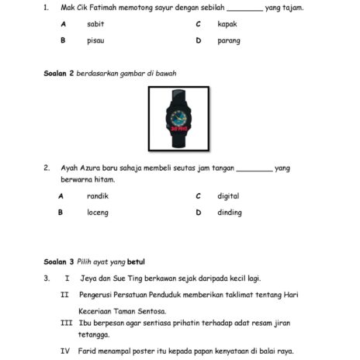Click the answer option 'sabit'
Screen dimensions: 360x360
[95, 24]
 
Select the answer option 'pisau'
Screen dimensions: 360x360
[95, 40]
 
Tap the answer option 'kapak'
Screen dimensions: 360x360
[227, 24]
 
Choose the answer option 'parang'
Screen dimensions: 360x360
[229, 40]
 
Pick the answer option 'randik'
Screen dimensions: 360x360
[98, 196]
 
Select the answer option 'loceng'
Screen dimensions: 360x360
[98, 212]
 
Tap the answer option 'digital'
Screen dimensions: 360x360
[228, 196]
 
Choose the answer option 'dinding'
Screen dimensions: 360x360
[229, 212]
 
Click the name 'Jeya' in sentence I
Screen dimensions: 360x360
[89, 277]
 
